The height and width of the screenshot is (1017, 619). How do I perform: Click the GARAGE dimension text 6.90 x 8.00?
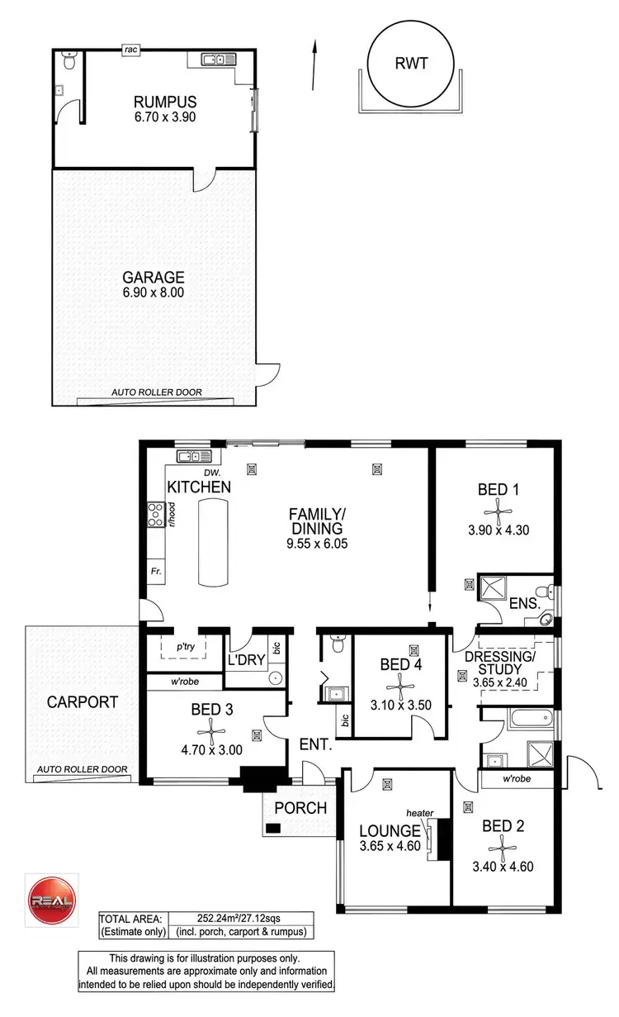tap(154, 292)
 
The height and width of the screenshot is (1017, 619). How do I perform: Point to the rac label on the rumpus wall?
tap(130, 50)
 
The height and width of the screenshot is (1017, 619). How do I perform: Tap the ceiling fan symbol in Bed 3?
tap(211, 727)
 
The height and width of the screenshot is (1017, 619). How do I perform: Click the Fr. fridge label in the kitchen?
tap(154, 571)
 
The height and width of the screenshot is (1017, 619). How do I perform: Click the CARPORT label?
tap(82, 702)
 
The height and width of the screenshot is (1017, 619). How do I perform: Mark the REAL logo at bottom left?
tap(50, 895)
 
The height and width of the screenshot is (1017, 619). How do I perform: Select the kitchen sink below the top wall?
tap(195, 455)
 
